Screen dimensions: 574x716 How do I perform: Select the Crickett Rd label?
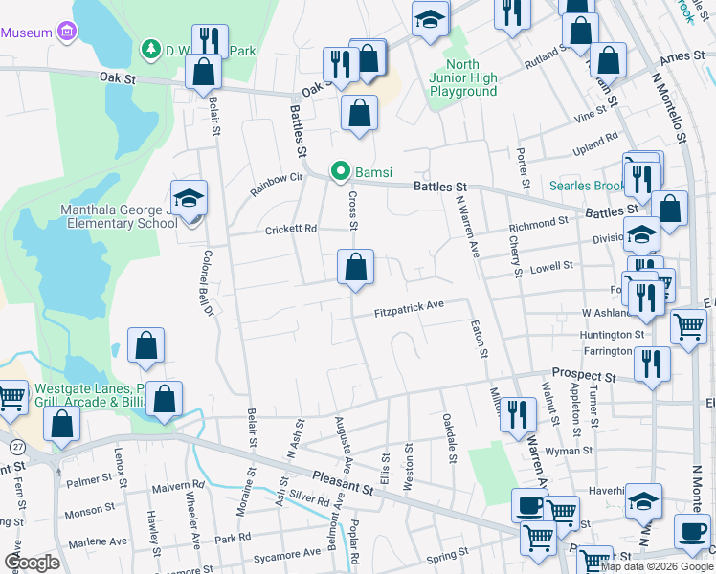coord(290,230)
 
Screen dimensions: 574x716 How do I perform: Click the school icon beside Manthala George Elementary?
coord(190,199)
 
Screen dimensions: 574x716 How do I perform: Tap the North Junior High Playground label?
coord(462,78)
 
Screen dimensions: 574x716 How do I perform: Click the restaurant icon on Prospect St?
coord(652,364)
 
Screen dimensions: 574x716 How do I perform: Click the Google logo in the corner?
coord(32,563)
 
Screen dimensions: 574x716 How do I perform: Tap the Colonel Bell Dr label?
coord(205,280)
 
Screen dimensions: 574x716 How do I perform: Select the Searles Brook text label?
coord(585,186)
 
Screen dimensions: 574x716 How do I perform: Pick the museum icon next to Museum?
coord(67,33)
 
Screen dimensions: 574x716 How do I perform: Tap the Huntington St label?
coord(613,335)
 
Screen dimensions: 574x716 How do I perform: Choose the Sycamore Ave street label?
coord(286,554)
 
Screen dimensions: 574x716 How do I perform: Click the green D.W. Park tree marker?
coord(150,48)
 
